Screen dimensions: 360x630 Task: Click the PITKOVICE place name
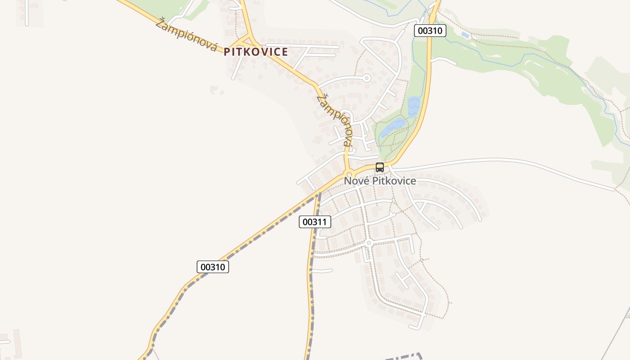coord(256,52)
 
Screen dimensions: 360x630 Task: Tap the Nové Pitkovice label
coord(380,181)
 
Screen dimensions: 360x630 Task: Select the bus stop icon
coord(380,167)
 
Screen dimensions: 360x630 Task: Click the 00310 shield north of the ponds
coord(430,31)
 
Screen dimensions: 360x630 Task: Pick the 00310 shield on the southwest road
coord(213,267)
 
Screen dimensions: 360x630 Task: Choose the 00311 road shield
coord(315,222)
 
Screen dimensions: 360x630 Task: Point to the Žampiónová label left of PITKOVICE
coord(186,35)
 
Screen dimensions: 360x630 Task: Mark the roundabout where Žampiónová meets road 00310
coord(348,174)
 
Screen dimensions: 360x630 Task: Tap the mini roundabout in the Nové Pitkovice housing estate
coord(369,243)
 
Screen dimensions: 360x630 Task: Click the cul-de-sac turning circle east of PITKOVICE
coord(366,78)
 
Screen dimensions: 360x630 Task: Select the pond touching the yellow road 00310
coord(414,107)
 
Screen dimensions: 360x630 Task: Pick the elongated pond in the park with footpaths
coord(393,126)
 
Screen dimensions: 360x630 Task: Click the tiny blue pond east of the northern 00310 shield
coord(465,35)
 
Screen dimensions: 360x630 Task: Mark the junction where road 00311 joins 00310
coord(320,193)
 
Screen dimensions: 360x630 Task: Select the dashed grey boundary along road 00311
coord(310,292)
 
